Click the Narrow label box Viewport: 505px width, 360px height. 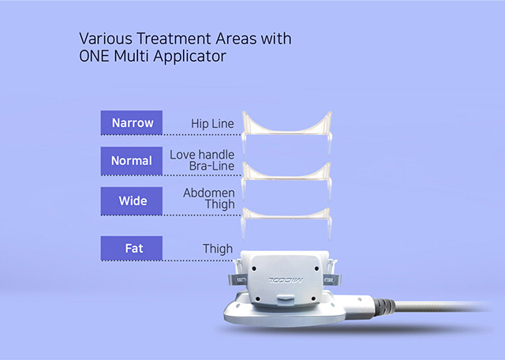(132, 122)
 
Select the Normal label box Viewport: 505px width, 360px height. (132, 161)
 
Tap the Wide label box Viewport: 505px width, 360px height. (132, 201)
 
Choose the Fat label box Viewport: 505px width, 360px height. (132, 248)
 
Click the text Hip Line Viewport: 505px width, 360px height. (212, 124)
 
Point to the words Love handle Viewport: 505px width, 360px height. (202, 155)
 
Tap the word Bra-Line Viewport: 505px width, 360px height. (211, 166)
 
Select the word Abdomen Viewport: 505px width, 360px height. (208, 193)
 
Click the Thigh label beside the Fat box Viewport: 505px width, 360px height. (218, 249)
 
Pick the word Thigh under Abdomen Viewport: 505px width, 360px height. (219, 204)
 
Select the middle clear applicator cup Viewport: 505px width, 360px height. (286, 178)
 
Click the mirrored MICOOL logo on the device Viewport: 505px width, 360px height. (286, 279)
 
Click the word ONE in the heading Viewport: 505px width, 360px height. (94, 56)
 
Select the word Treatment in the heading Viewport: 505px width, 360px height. (174, 39)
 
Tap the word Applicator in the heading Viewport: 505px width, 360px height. (189, 56)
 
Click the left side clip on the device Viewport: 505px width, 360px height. (238, 279)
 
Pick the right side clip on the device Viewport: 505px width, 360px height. (331, 279)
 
